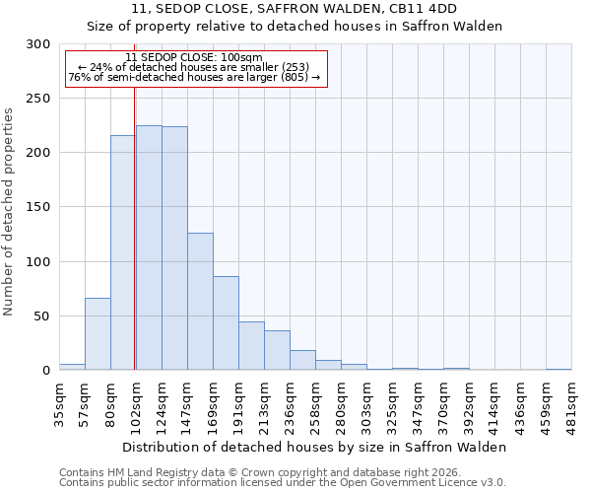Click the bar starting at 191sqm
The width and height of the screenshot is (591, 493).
pos(251,345)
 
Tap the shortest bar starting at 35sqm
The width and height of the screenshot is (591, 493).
pos(72,367)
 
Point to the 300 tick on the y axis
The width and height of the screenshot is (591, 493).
pos(38,44)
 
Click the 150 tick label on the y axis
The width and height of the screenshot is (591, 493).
pos(38,208)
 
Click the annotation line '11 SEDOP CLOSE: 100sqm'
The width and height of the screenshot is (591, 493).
pos(194,58)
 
